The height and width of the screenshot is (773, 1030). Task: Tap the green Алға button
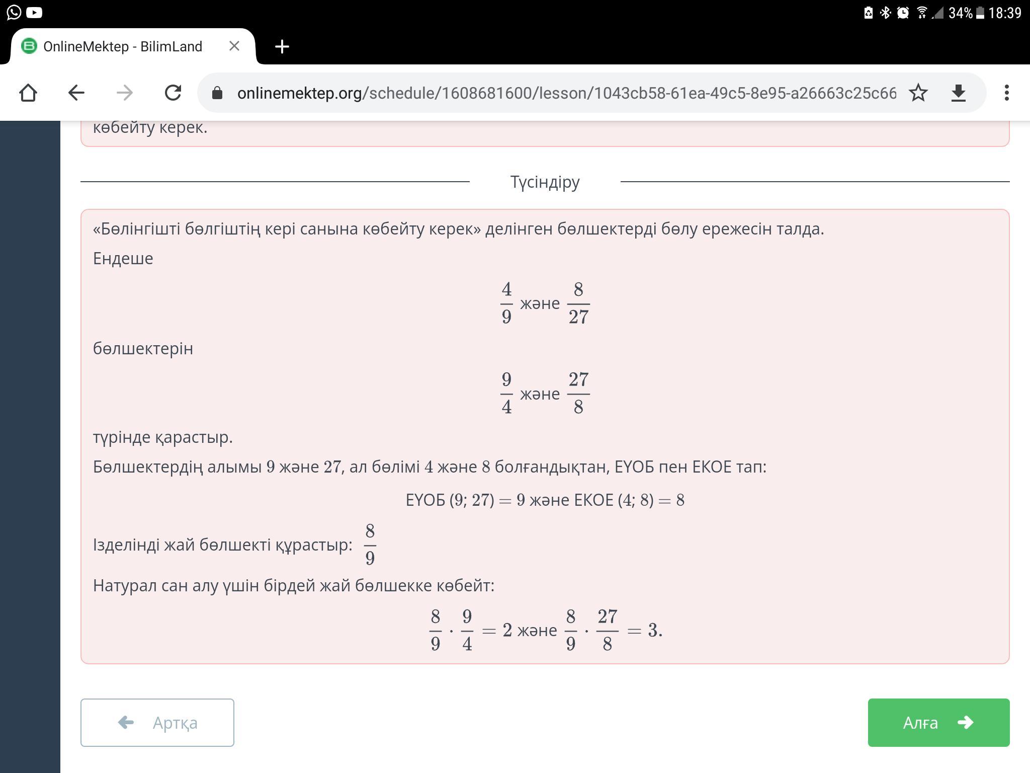click(x=938, y=722)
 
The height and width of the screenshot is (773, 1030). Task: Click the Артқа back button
click(x=157, y=722)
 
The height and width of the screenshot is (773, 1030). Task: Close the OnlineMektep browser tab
click(x=234, y=46)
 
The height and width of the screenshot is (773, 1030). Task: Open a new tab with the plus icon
click(x=282, y=46)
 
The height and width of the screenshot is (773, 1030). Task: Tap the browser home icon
click(x=28, y=93)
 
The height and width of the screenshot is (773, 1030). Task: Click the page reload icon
click(x=173, y=93)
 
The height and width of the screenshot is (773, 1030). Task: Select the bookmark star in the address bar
click(x=918, y=93)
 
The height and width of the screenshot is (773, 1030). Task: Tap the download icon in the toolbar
click(x=959, y=93)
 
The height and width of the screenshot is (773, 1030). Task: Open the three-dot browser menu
click(x=1006, y=93)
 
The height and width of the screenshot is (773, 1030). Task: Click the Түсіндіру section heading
click(x=545, y=182)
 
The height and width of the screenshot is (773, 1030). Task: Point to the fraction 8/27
click(x=578, y=303)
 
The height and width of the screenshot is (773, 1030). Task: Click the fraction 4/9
click(x=506, y=303)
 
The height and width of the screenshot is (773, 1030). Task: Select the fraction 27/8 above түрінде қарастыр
click(x=578, y=393)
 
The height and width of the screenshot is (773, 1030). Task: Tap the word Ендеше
click(x=123, y=259)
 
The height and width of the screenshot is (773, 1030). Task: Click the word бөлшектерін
click(x=143, y=349)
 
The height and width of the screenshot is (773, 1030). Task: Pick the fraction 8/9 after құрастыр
click(x=370, y=545)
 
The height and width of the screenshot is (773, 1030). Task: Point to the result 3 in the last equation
click(x=653, y=630)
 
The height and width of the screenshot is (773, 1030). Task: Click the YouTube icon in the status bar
click(x=34, y=12)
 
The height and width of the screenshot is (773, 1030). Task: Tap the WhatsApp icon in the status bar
click(x=14, y=12)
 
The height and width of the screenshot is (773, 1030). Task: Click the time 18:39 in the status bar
click(x=1004, y=13)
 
